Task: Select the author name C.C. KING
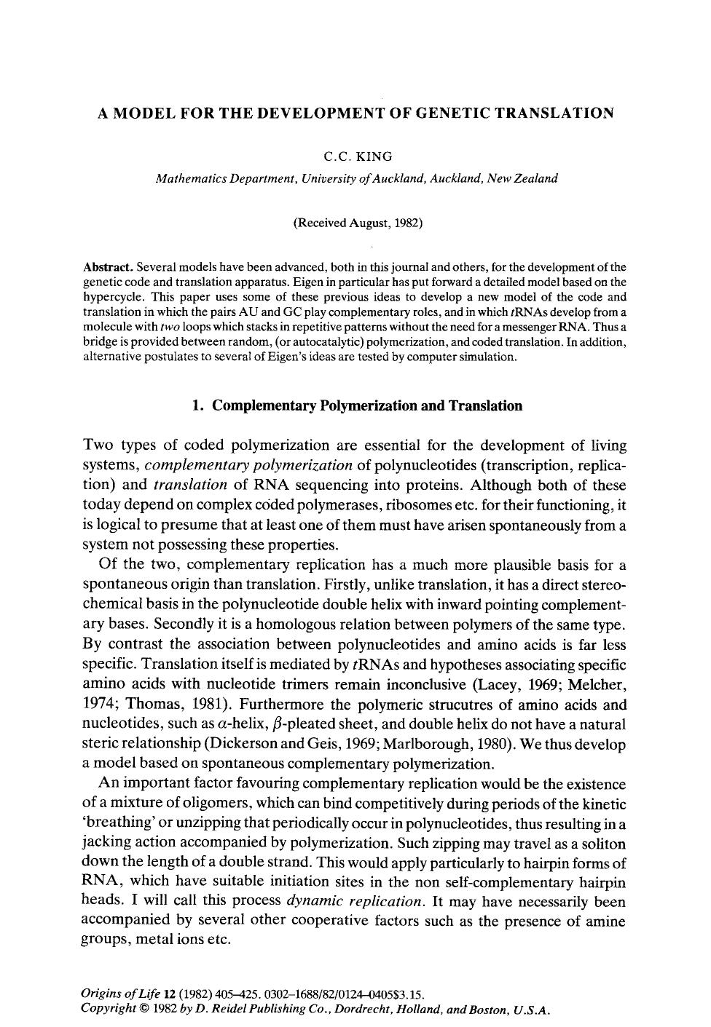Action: coord(358,156)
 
